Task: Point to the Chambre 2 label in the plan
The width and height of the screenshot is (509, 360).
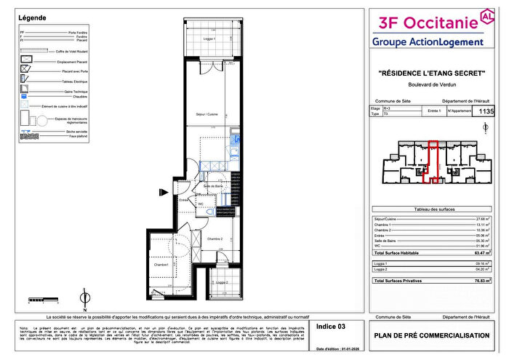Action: click(215, 239)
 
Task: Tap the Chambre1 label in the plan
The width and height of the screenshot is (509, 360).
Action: click(161, 265)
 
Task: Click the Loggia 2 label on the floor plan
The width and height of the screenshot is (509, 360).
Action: click(220, 282)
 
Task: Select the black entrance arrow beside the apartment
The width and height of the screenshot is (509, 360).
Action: click(163, 193)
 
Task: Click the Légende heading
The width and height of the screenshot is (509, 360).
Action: click(33, 17)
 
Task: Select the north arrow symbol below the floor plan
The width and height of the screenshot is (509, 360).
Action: click(85, 297)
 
